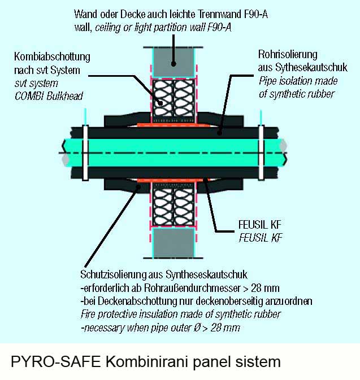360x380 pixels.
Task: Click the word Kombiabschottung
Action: [x=52, y=57]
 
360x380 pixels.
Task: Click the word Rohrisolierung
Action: [x=288, y=55]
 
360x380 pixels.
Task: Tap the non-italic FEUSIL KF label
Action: [x=260, y=225]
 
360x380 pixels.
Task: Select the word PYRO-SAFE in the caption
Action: [x=56, y=362]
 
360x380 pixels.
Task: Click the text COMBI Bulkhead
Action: [x=49, y=96]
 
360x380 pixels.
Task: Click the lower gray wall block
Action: [x=174, y=243]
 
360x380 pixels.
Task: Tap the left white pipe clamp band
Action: [x=85, y=152]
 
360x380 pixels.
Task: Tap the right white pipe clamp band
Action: [x=261, y=152]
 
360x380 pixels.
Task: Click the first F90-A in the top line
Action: [x=255, y=15]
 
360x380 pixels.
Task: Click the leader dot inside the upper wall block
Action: [x=174, y=64]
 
